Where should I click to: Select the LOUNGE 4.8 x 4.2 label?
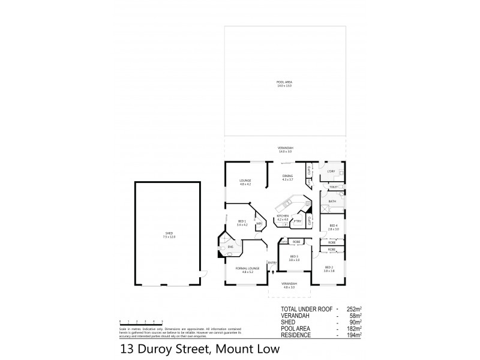[244, 182]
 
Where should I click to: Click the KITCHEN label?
[283, 218]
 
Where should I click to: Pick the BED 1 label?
[242, 223]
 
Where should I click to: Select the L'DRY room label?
[330, 172]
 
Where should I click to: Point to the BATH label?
[332, 202]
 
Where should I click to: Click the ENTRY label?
[272, 262]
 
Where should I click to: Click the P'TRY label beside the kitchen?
[296, 220]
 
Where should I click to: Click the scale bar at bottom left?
[142, 322]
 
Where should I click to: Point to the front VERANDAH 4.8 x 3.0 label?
[289, 286]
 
